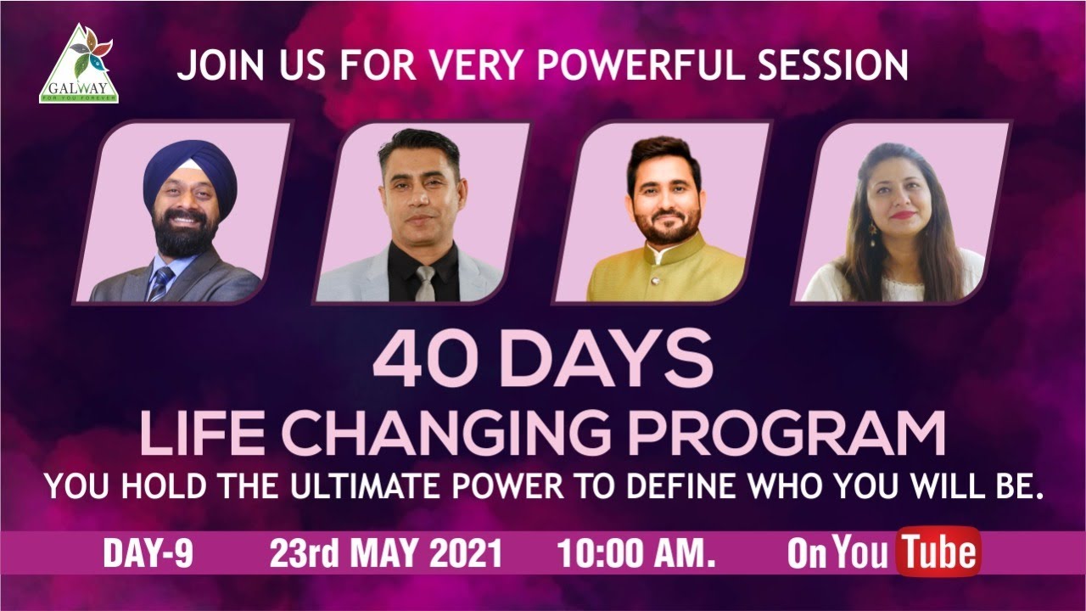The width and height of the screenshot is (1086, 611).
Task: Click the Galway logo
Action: point(79,64)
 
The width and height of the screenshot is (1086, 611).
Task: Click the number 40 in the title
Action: point(419,361)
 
